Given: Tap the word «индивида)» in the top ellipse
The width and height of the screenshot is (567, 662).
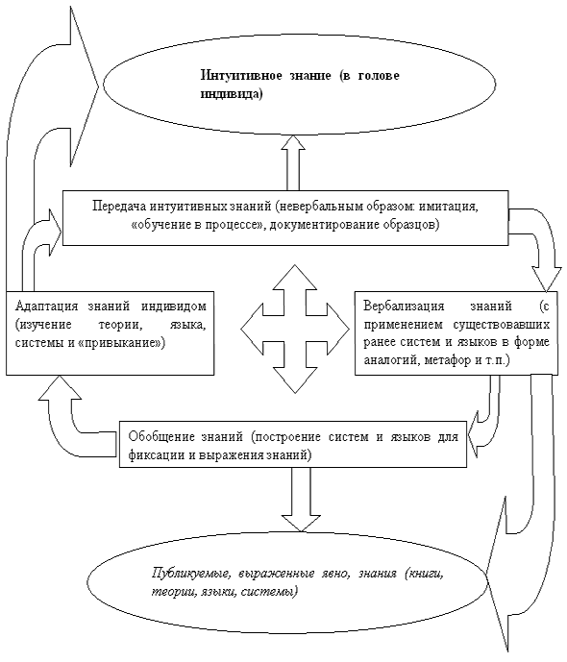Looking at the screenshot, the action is (232, 94).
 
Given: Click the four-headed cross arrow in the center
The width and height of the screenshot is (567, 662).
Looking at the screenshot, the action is (295, 329).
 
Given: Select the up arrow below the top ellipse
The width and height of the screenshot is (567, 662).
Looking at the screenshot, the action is (293, 162).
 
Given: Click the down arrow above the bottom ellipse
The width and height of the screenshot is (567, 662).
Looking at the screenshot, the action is (301, 500).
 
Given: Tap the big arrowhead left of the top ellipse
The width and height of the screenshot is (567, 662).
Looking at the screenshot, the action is (84, 86).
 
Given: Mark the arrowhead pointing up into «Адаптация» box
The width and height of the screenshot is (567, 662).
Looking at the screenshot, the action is (62, 388).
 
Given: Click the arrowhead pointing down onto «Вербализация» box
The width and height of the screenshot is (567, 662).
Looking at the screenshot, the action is (546, 279).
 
